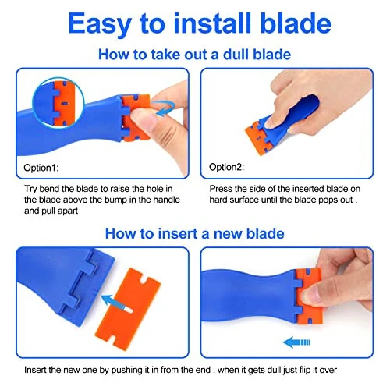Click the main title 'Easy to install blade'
click(194, 23)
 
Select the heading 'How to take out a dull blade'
click(194, 55)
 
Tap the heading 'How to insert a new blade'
click(194, 233)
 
